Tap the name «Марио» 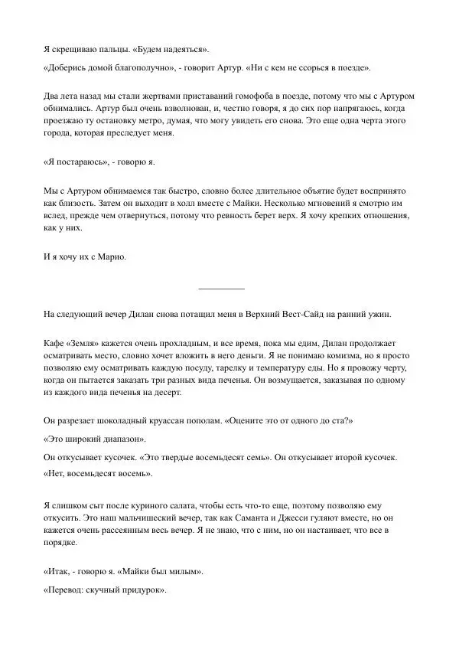[109, 257]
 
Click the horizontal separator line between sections [222, 288]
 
